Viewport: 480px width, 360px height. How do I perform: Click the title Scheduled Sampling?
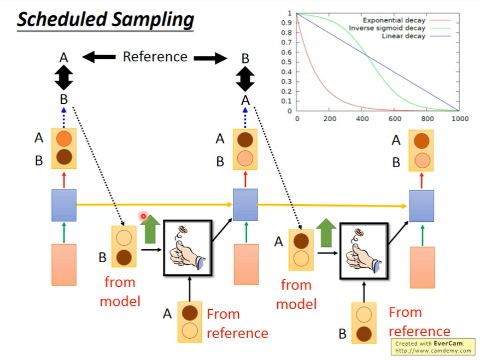(105, 20)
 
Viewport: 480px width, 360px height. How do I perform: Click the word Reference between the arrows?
(155, 57)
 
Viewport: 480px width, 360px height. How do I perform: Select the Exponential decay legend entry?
(390, 20)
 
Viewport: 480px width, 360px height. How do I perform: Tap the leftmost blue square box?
(64, 205)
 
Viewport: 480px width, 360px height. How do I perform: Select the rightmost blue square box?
(422, 206)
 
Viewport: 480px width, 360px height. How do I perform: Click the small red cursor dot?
(143, 216)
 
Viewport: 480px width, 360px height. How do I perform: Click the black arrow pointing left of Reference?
(98, 57)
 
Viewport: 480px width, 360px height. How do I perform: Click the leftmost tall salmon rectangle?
(64, 265)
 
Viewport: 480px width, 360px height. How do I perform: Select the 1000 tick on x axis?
(460, 118)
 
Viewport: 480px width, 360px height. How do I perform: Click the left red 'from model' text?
(120, 291)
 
